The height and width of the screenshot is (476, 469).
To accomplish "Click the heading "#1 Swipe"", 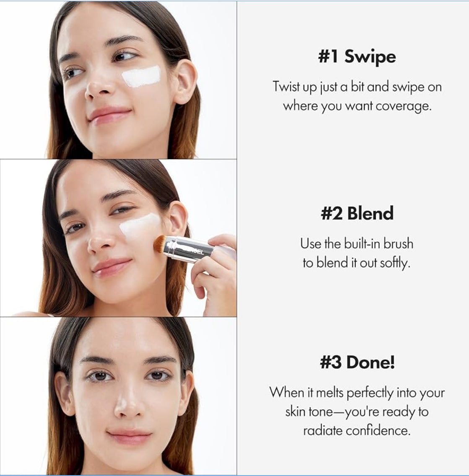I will pos(357,57).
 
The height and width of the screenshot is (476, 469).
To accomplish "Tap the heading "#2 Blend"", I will pos(357,213).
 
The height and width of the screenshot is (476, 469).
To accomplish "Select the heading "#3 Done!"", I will pos(357,362).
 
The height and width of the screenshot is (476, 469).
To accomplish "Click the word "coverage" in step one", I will pos(403,106).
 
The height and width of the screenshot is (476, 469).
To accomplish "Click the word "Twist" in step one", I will pos(286,87).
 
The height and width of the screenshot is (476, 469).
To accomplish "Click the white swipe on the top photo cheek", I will pos(141,77).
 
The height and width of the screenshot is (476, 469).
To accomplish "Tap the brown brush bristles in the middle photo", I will pos(160,244).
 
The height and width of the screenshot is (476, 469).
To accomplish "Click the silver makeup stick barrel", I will pos(189,249).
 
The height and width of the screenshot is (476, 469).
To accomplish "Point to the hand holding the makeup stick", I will pos(216,272).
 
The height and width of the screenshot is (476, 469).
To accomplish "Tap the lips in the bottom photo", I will pos(129,436).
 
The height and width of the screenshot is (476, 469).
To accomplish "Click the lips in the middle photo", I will pos(111,267).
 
